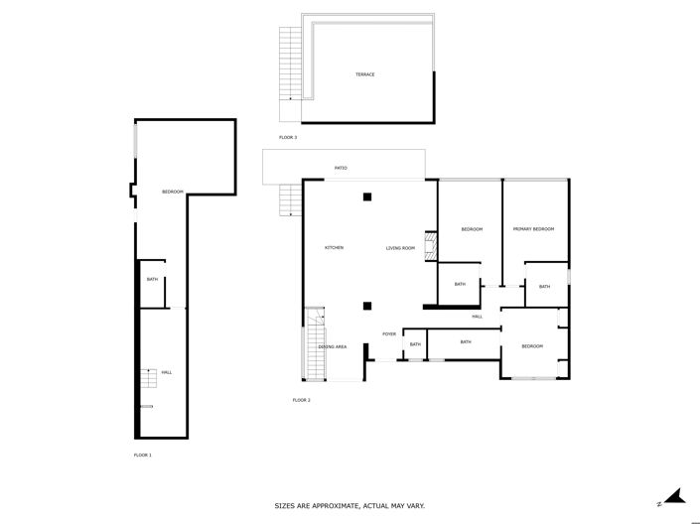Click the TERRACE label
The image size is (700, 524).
point(365,74)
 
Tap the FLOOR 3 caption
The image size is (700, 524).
point(288,137)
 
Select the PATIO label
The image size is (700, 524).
point(341,168)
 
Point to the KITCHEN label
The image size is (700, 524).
point(334,247)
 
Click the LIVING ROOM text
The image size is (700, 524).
point(400,247)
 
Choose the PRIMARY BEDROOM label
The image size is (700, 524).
point(533,229)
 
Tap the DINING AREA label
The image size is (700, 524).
point(332,346)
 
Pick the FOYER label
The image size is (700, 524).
point(389,333)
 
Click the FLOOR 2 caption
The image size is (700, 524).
point(302,400)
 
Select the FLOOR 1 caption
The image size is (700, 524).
point(143,455)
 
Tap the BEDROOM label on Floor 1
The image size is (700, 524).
point(173,192)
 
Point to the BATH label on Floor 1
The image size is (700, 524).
point(152,279)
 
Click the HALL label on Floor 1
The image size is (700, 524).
point(166,372)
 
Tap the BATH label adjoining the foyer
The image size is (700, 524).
point(415,344)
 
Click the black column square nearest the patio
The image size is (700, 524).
point(366,196)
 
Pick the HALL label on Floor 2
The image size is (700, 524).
point(478,317)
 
